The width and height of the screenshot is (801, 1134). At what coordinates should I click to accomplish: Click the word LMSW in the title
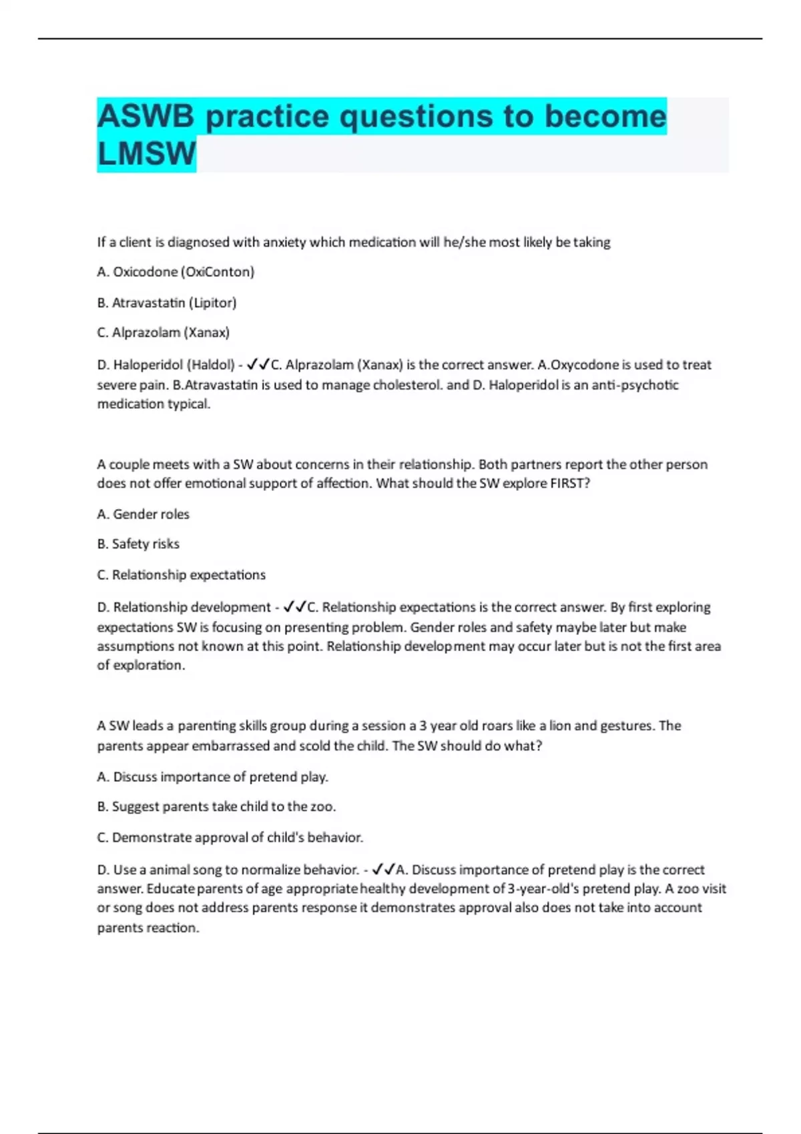pyautogui.click(x=146, y=153)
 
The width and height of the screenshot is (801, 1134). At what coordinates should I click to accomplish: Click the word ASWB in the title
pyautogui.click(x=146, y=116)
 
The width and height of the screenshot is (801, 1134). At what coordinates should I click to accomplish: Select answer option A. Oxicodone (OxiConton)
pyautogui.click(x=176, y=272)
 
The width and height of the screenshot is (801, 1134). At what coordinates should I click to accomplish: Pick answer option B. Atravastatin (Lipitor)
pyautogui.click(x=167, y=303)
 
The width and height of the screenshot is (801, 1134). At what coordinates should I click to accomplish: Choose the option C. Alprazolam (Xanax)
pyautogui.click(x=164, y=332)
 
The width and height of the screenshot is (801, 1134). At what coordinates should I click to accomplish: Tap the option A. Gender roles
pyautogui.click(x=143, y=514)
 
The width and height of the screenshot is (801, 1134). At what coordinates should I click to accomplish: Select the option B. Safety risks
pyautogui.click(x=138, y=544)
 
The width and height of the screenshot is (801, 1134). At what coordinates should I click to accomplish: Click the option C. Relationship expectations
pyautogui.click(x=181, y=575)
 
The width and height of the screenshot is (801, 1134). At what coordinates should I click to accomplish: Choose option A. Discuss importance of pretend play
pyautogui.click(x=212, y=777)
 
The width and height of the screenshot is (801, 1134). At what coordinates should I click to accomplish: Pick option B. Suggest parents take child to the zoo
pyautogui.click(x=216, y=806)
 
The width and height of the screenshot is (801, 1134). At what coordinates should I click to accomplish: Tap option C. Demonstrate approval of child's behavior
pyautogui.click(x=230, y=837)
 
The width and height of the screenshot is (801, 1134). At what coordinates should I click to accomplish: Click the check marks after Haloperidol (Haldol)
pyautogui.click(x=258, y=365)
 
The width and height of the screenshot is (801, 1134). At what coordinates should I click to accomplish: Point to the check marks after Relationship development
pyautogui.click(x=294, y=607)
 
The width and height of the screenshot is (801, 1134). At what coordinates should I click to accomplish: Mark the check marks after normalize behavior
pyautogui.click(x=384, y=870)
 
